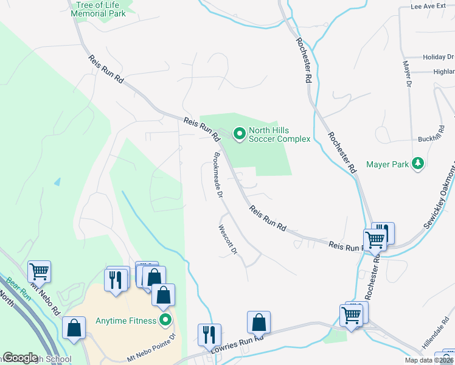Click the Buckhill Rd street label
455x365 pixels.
[433, 139]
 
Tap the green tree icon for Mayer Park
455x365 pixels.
[417, 164]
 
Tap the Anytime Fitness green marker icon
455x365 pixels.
[164, 320]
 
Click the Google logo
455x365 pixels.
[20, 358]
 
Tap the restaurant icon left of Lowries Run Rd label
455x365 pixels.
[209, 335]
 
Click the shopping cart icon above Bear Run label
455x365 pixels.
[39, 271]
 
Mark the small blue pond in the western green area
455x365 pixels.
[57, 181]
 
